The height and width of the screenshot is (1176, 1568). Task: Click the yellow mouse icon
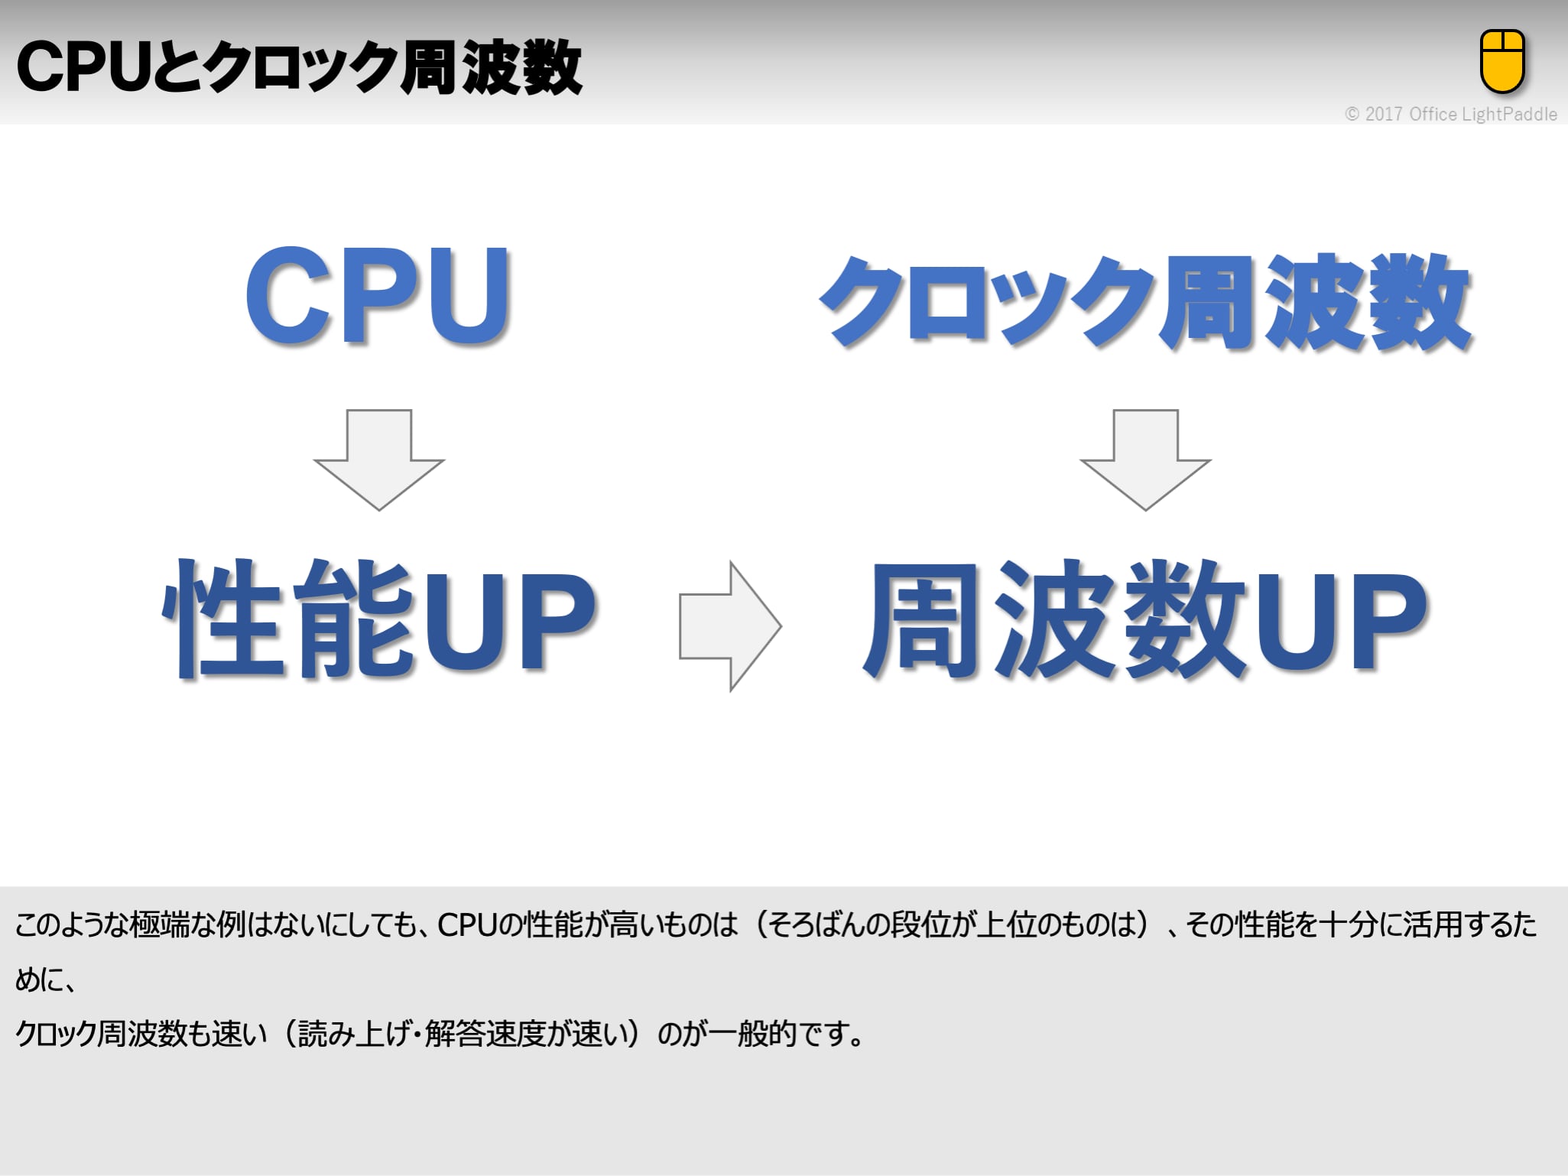(1502, 61)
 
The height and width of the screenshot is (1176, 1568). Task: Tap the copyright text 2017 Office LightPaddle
(1451, 115)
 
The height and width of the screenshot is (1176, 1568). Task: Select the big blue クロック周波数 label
(1144, 301)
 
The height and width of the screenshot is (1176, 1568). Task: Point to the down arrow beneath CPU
(378, 459)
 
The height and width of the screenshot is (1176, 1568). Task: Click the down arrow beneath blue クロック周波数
(1144, 459)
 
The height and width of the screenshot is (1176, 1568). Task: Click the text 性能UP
(378, 619)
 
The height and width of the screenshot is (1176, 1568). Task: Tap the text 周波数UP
(1144, 619)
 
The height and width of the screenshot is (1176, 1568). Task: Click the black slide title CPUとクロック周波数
(299, 67)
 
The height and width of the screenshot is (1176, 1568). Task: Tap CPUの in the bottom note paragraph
(479, 924)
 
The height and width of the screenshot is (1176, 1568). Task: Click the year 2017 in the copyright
(1384, 115)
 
